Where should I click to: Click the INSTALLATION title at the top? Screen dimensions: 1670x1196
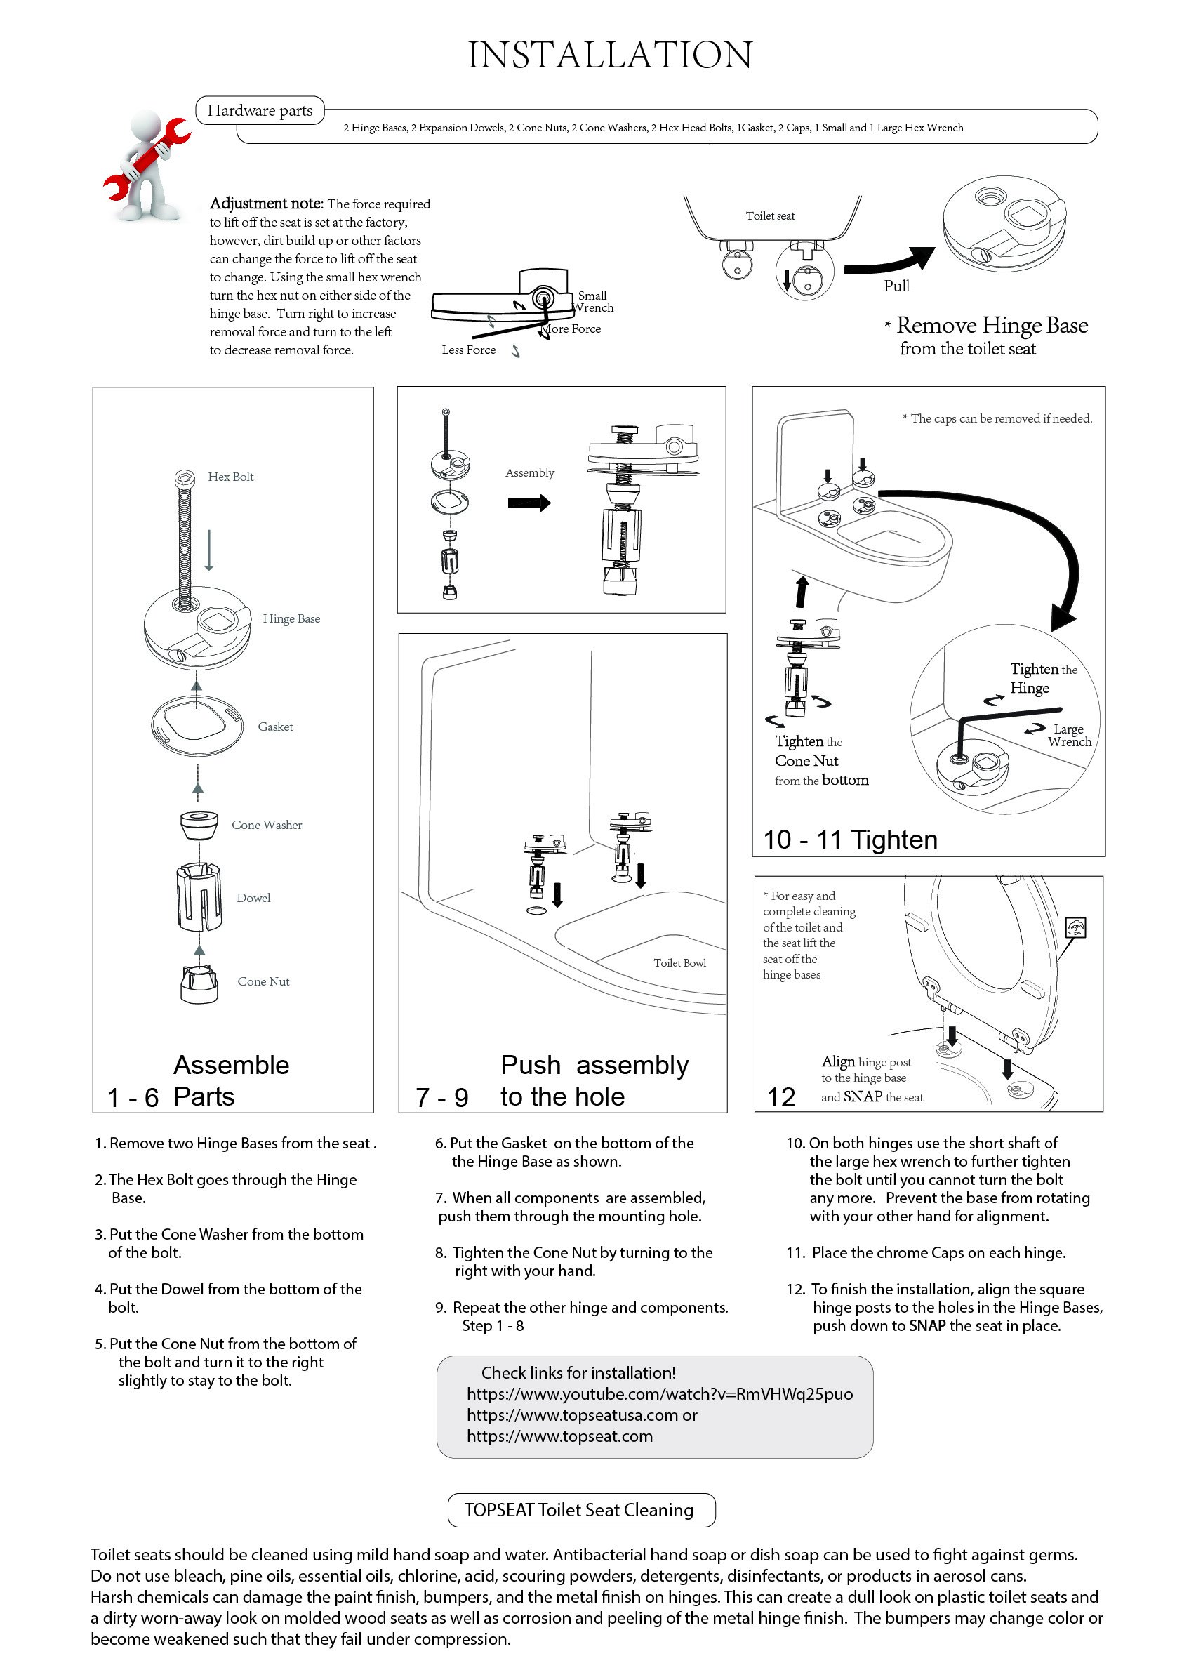click(x=610, y=55)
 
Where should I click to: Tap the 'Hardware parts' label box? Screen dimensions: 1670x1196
click(x=260, y=110)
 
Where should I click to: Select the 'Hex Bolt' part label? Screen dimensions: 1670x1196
click(x=230, y=477)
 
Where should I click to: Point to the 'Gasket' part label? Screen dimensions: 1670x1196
click(x=274, y=727)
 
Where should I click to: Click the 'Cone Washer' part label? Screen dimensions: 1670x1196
click(x=267, y=825)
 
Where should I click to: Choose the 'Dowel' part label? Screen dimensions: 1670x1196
click(x=253, y=898)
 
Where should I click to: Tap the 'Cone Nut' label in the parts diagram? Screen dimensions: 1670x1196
click(x=263, y=981)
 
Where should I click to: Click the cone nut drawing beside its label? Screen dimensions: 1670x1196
click(x=199, y=983)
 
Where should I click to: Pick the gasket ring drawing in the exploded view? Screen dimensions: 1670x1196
click(x=197, y=726)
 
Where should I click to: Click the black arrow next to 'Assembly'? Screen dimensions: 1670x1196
click(x=529, y=503)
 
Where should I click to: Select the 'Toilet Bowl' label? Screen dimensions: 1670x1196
click(x=679, y=963)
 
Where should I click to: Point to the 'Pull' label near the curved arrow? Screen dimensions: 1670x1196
click(x=896, y=286)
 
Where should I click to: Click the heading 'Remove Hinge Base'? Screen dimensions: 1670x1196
click(x=991, y=326)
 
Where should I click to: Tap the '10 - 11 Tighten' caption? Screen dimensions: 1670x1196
click(x=850, y=840)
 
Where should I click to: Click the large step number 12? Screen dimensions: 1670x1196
click(x=780, y=1097)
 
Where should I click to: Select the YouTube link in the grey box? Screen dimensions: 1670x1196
click(x=659, y=1394)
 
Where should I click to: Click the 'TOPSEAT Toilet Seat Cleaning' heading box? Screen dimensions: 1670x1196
click(x=581, y=1510)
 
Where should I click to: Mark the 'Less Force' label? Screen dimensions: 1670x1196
click(x=468, y=350)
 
